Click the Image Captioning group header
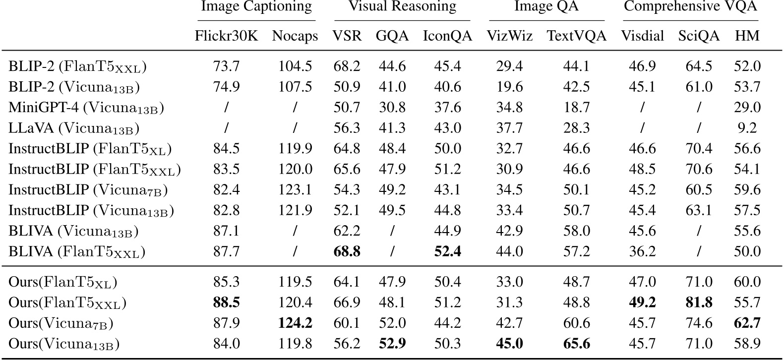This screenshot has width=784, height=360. (x=256, y=7)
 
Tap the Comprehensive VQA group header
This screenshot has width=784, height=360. (x=690, y=7)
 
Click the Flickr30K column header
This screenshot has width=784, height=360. (x=226, y=36)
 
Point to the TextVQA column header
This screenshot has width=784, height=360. (x=576, y=36)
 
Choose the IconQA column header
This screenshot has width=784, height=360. (x=447, y=36)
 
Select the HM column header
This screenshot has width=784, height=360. (x=747, y=36)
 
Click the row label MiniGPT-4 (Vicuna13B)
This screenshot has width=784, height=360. (x=86, y=108)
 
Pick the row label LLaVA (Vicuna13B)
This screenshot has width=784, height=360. (x=74, y=128)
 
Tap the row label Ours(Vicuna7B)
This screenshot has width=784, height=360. (x=61, y=323)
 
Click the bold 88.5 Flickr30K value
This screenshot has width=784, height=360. (x=226, y=302)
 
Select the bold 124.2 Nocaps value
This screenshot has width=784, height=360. (x=295, y=323)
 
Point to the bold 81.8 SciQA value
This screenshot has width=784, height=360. (x=698, y=302)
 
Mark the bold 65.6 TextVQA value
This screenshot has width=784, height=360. (x=576, y=344)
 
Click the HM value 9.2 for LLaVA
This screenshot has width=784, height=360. (x=747, y=128)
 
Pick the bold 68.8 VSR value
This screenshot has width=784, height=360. (x=347, y=252)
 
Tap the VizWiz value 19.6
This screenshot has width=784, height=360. (x=509, y=87)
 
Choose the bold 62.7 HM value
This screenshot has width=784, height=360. (x=747, y=323)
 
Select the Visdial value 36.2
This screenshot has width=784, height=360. (x=642, y=252)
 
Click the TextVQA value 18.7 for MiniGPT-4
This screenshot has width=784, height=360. (x=576, y=108)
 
